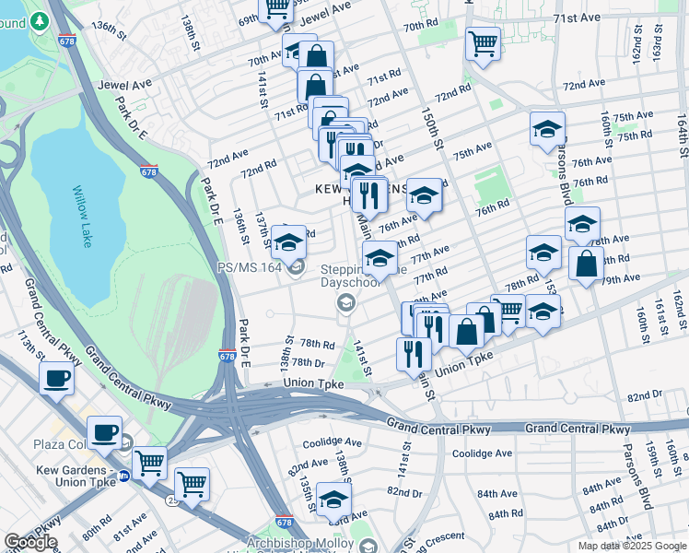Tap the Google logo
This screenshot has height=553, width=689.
[29, 542]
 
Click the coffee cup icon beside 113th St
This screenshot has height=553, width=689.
[57, 378]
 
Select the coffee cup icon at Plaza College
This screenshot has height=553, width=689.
[104, 431]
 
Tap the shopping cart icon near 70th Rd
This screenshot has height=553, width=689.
[483, 42]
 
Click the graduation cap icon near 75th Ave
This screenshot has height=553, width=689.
[547, 128]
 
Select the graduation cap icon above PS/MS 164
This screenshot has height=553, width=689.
[288, 241]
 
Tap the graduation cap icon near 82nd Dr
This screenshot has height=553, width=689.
[333, 499]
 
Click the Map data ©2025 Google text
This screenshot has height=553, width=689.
[631, 546]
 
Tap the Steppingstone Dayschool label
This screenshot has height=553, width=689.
[350, 276]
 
